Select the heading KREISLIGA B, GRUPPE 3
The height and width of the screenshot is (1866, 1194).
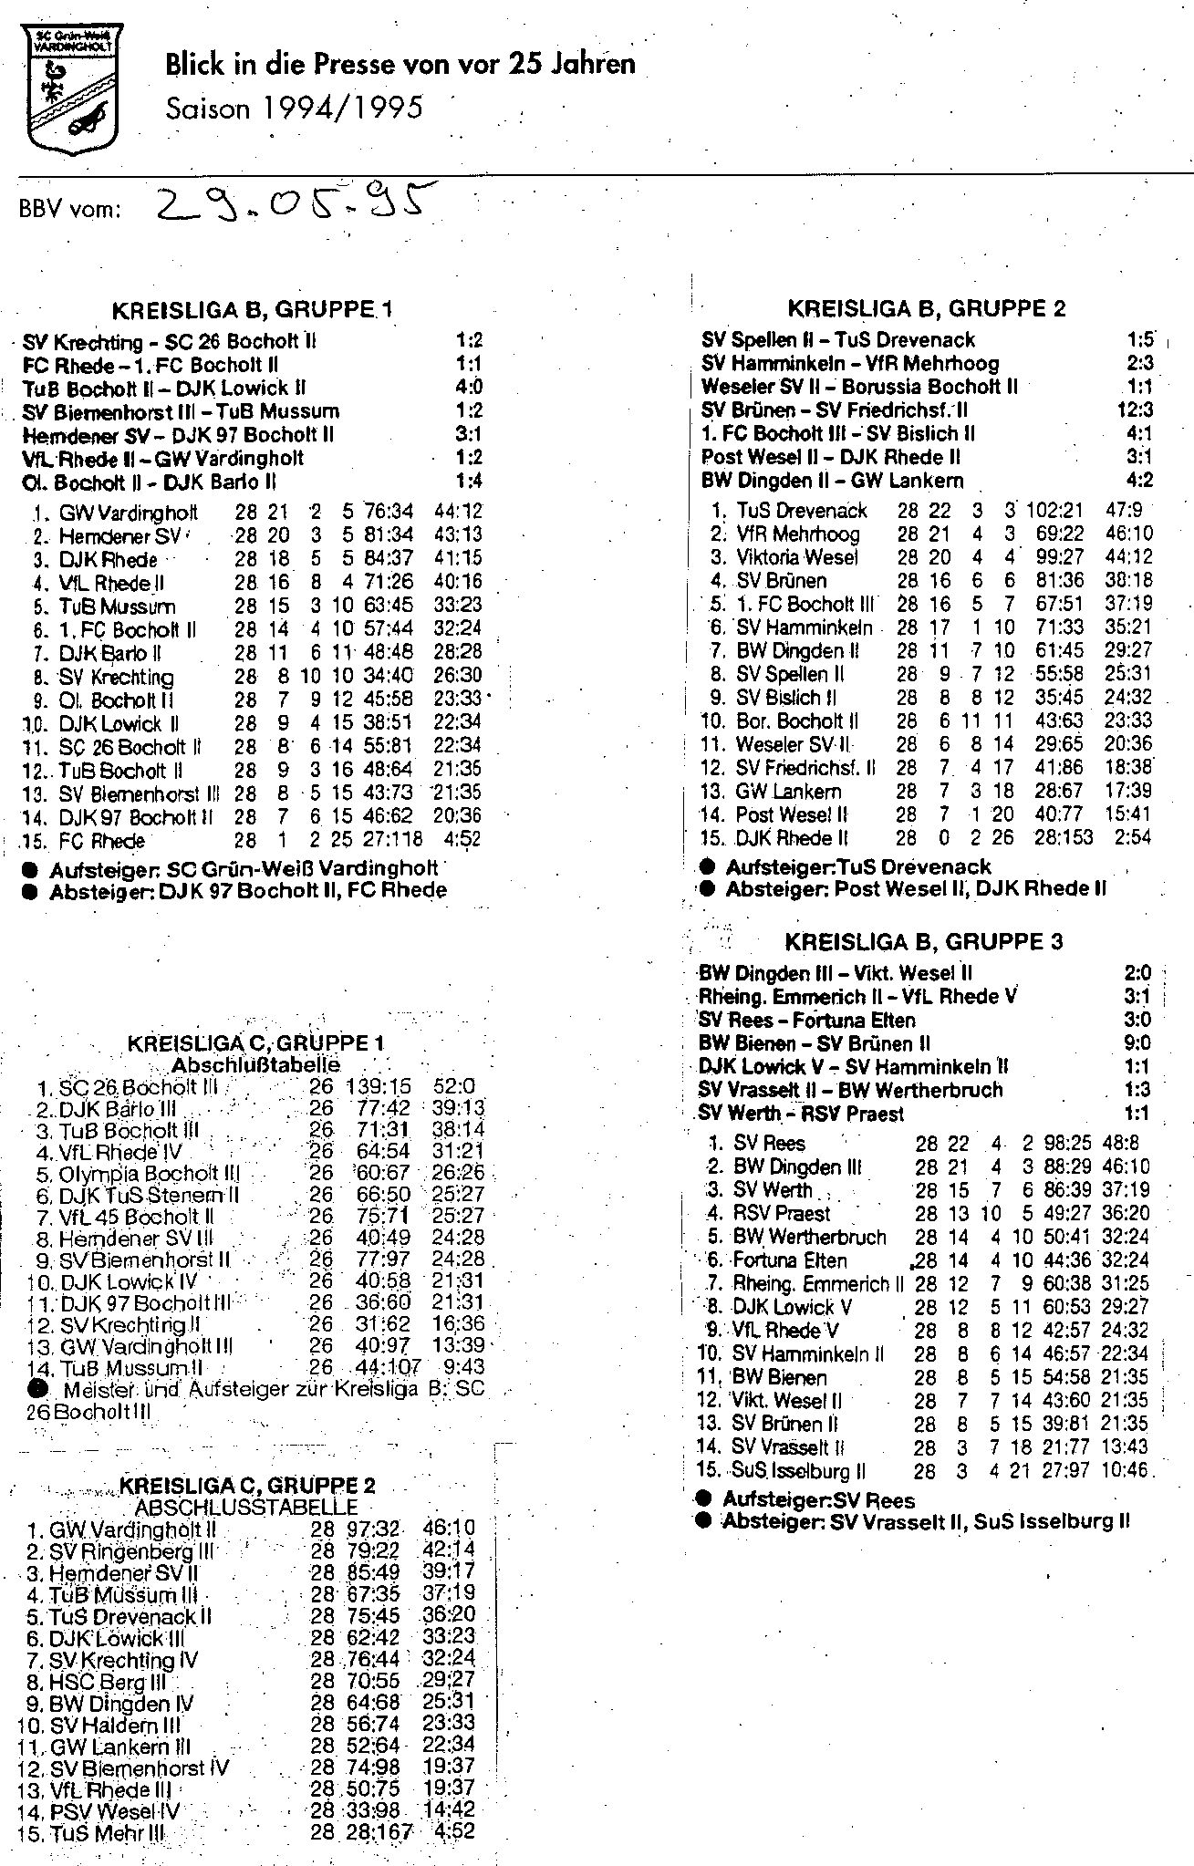tap(924, 941)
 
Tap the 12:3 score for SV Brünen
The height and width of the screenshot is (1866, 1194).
tap(1134, 410)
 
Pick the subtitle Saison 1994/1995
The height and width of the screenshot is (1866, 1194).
tap(295, 109)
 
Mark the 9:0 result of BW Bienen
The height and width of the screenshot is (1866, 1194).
tap(1137, 1042)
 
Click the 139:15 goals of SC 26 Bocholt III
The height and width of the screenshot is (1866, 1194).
tap(379, 1086)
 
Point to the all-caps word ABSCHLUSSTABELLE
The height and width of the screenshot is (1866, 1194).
tap(246, 1508)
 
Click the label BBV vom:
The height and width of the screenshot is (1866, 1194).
tap(70, 209)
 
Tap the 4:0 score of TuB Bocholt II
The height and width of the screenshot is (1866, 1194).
tap(469, 388)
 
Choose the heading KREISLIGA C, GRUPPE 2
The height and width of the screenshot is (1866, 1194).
tap(247, 1487)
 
